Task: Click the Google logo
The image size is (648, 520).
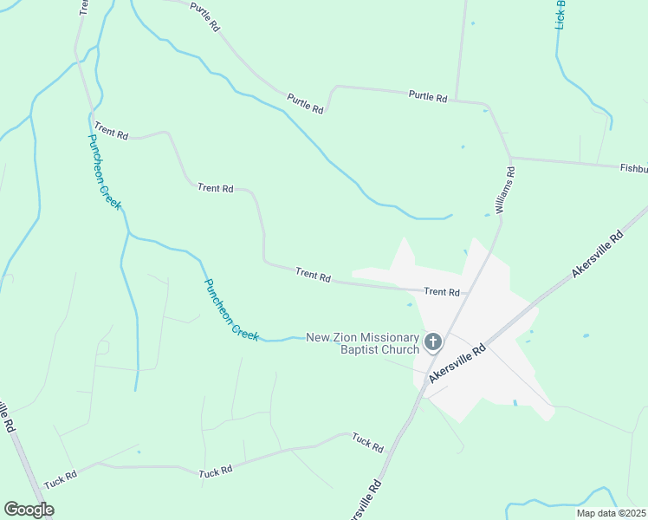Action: click(29, 510)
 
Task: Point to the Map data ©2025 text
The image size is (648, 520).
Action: click(610, 513)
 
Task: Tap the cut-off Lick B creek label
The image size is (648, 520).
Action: click(561, 15)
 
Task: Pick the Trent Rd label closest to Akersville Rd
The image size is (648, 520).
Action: click(441, 292)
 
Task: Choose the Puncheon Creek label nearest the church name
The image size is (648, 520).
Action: click(231, 309)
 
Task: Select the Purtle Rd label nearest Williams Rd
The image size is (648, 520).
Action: click(427, 96)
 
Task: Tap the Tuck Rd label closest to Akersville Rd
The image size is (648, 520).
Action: click(367, 444)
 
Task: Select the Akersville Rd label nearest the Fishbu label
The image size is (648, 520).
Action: click(598, 254)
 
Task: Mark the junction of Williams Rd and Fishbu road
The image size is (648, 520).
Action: click(511, 158)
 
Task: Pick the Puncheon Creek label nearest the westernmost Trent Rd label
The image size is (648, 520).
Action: click(103, 172)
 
